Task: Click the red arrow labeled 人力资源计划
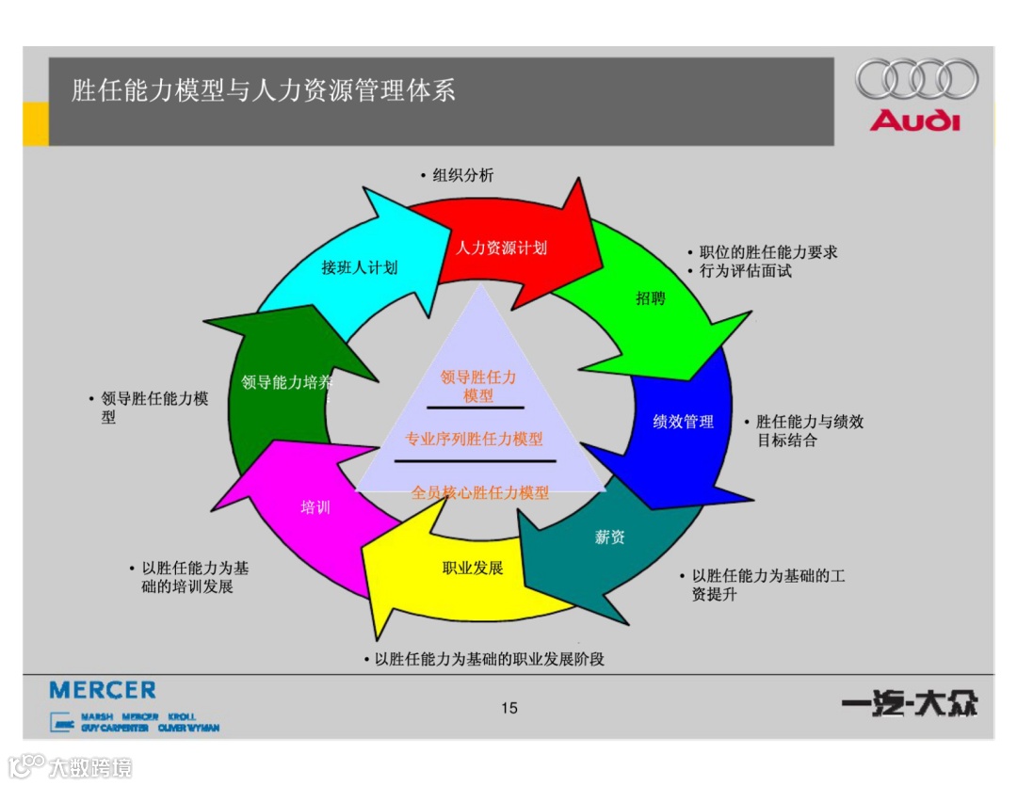(502, 248)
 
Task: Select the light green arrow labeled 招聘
(651, 298)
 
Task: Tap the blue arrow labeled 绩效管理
(684, 422)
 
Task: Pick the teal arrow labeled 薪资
(610, 537)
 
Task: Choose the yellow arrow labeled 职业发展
(473, 568)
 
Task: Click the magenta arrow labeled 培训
(315, 507)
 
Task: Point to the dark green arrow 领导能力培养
(286, 382)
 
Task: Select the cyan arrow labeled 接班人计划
(360, 267)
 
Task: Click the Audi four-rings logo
(916, 79)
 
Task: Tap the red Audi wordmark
(915, 120)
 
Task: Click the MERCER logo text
(103, 691)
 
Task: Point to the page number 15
(509, 708)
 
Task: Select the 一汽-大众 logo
(910, 704)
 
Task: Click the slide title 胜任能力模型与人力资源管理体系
(264, 90)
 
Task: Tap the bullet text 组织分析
(462, 175)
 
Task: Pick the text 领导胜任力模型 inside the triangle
(478, 386)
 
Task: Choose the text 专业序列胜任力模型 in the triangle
(474, 439)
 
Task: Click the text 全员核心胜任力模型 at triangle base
(480, 491)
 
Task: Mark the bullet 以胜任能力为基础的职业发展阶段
(489, 659)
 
